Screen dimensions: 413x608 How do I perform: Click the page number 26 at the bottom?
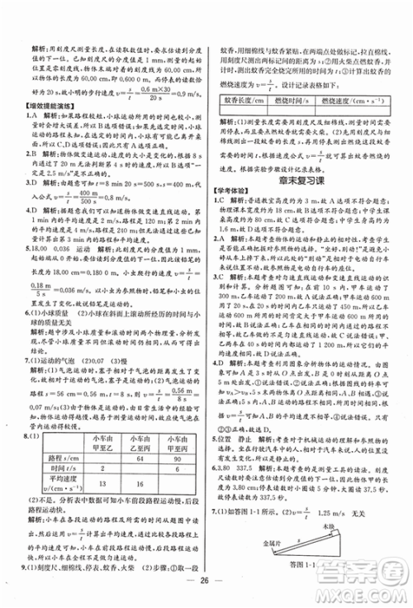pyautogui.click(x=206, y=589)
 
